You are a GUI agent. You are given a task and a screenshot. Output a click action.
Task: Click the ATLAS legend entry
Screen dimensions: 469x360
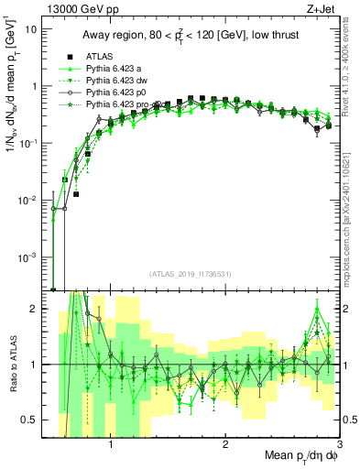point(99,56)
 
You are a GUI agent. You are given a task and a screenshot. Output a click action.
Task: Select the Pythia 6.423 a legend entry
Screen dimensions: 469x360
point(115,69)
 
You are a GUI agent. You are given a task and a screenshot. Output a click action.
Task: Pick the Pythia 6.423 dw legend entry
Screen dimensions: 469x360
point(116,81)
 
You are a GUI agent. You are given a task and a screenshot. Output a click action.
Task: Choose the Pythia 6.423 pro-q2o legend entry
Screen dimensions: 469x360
point(124,105)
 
